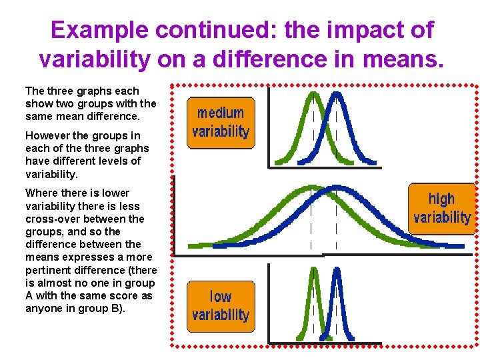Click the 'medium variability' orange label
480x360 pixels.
[220, 122]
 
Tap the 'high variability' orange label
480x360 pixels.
[441, 208]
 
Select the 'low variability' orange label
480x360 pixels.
[220, 305]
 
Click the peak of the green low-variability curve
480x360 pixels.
[314, 270]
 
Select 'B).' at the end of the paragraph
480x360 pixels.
[117, 308]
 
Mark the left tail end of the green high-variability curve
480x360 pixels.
[191, 245]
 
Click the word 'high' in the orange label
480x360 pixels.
[441, 199]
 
